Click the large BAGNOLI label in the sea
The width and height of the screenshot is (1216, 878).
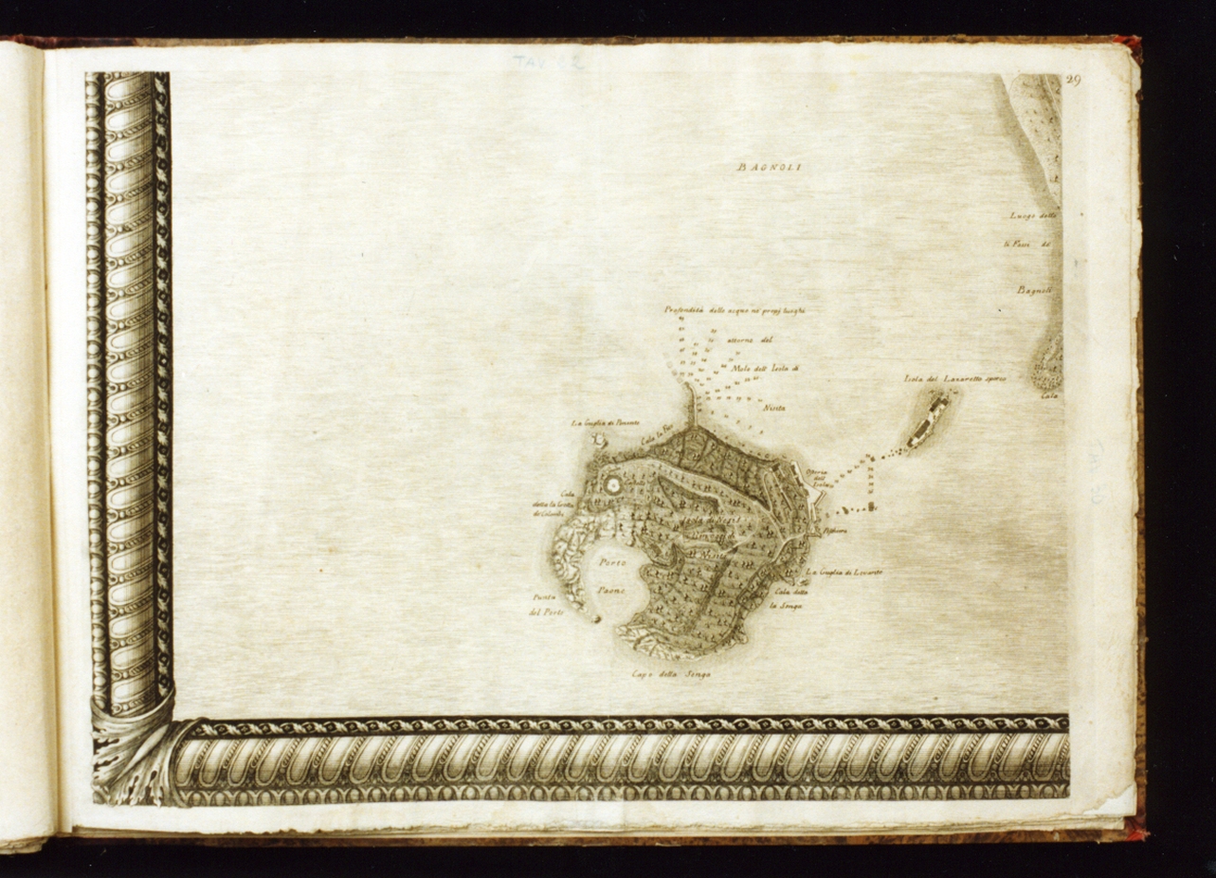click(x=769, y=168)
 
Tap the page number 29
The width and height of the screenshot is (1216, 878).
click(x=1072, y=81)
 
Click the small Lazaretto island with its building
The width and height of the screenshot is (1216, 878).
click(x=928, y=421)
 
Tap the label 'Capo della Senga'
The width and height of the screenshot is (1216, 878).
click(x=670, y=675)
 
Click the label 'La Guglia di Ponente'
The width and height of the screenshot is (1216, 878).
click(x=605, y=423)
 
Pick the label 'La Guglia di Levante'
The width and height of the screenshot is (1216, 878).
click(x=844, y=573)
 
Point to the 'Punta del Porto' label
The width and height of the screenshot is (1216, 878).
click(x=547, y=604)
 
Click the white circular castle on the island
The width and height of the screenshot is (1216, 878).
click(x=611, y=485)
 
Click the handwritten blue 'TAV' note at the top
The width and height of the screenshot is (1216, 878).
click(x=548, y=63)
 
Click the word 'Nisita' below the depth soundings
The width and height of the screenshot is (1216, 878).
click(x=773, y=407)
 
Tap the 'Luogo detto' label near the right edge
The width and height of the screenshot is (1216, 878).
click(x=1032, y=216)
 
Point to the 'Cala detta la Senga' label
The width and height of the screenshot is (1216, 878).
click(x=787, y=598)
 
